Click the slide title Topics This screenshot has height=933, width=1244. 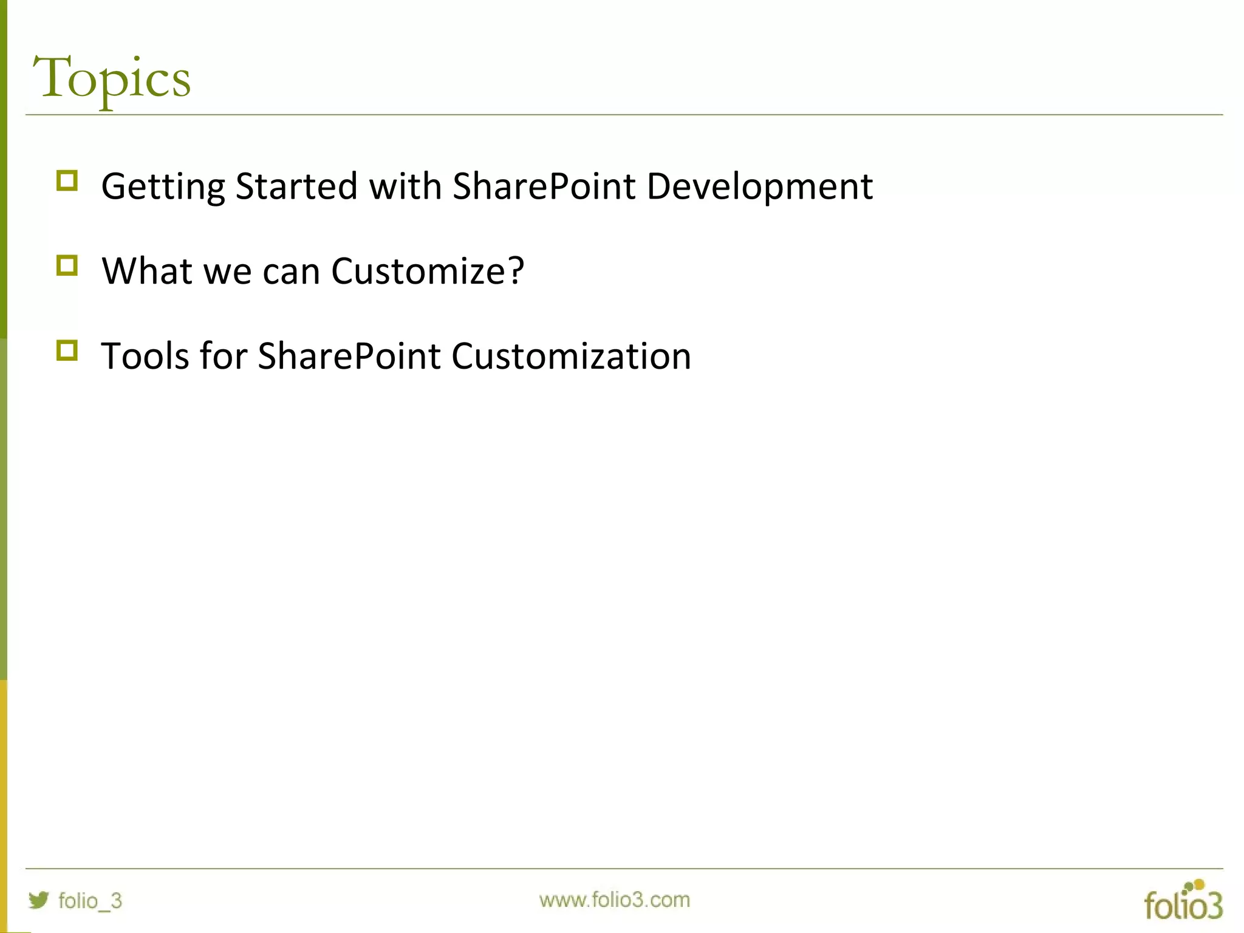point(112,79)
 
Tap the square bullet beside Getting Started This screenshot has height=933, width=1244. point(67,181)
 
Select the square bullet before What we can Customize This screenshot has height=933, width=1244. point(67,265)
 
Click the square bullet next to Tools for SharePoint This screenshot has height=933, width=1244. point(67,350)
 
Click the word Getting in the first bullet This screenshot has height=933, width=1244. point(163,186)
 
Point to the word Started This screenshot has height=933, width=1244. point(296,186)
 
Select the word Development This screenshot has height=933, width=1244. point(759,186)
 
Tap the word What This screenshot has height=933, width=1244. point(146,271)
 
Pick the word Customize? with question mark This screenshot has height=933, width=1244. point(427,271)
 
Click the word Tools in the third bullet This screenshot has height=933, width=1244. point(145,356)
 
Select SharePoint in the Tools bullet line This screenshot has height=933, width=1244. point(349,356)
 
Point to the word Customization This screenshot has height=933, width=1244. point(571,356)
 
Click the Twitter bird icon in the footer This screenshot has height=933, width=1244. point(39,900)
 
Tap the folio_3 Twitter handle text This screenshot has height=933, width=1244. point(90,901)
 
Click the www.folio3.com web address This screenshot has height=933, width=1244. point(614,900)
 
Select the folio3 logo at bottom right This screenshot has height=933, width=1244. point(1183,901)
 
